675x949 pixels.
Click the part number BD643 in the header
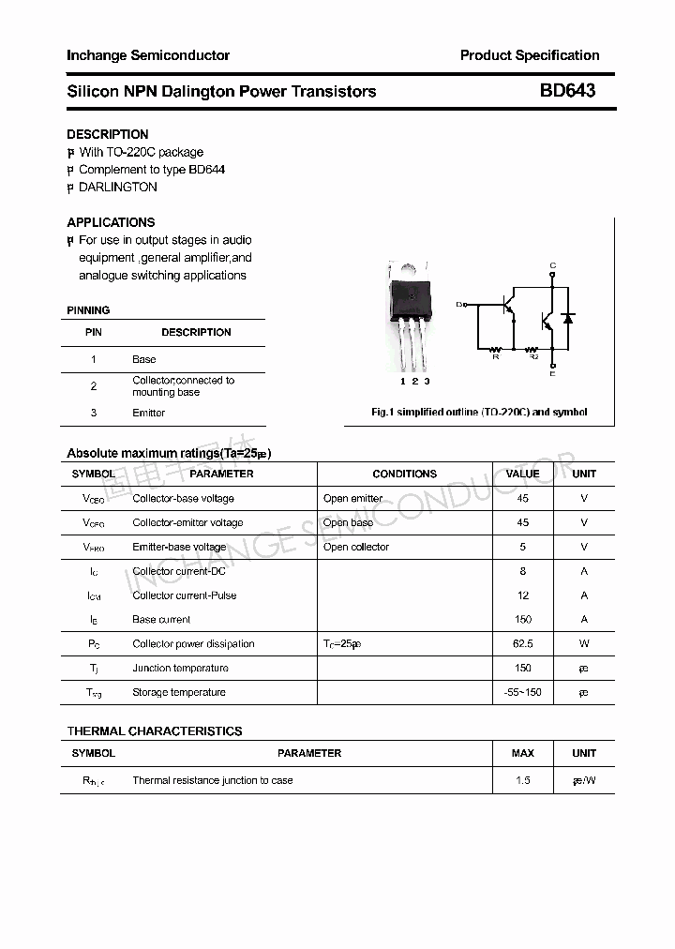(x=567, y=91)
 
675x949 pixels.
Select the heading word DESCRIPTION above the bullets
(x=107, y=134)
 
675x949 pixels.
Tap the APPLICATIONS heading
(x=111, y=222)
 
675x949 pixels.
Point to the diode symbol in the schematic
(x=566, y=319)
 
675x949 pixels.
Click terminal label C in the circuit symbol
(x=553, y=265)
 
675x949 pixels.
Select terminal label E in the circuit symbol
(x=553, y=374)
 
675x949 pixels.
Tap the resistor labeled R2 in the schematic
(x=533, y=347)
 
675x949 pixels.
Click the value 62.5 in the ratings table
(x=522, y=644)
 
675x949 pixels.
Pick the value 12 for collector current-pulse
(x=522, y=595)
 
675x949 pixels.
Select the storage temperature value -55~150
(x=522, y=693)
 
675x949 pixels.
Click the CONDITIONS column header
(x=404, y=474)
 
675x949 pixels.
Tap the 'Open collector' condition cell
(x=355, y=547)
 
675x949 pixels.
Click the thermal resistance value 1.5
(x=522, y=780)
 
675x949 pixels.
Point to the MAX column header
(x=522, y=753)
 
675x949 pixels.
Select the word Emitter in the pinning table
(x=148, y=413)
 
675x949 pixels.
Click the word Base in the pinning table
(x=143, y=359)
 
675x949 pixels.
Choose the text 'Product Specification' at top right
(x=529, y=55)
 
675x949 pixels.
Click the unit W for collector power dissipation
(x=583, y=644)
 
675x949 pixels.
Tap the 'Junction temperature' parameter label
(x=180, y=669)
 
